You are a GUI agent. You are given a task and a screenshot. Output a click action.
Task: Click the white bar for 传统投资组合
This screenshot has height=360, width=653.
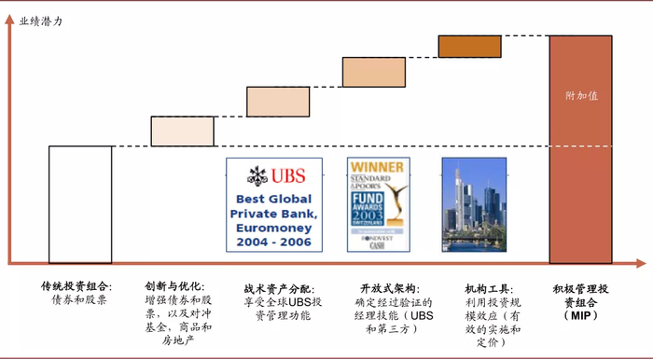[80, 204]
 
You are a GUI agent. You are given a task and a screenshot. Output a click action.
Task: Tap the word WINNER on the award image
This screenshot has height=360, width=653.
[378, 168]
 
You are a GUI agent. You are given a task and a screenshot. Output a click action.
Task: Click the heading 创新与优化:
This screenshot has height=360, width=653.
[174, 286]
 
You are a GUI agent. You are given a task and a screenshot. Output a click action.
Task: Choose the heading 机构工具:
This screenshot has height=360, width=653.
[490, 289]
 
